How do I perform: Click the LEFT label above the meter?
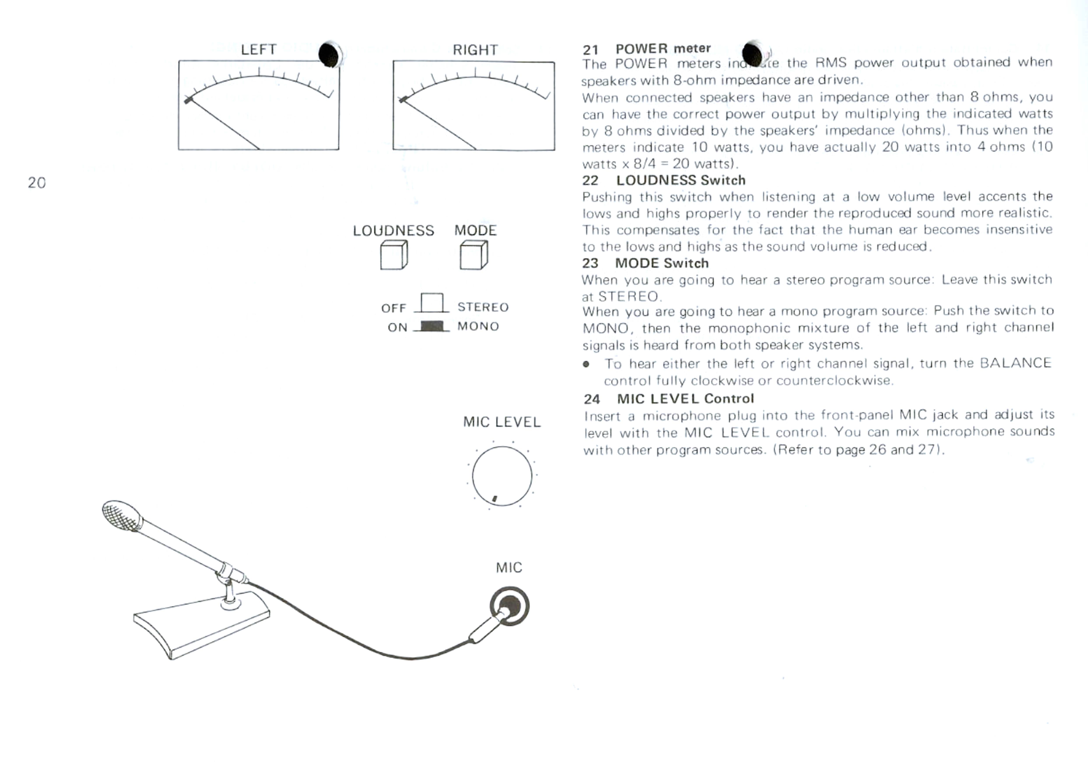258,49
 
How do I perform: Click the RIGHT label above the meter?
475,50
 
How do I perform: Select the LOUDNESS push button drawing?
394,255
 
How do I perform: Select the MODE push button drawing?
474,255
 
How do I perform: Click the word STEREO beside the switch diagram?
483,307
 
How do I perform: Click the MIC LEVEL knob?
502,476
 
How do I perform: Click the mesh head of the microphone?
121,515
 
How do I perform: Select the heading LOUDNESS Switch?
681,180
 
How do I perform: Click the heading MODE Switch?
662,263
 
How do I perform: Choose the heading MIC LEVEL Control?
685,399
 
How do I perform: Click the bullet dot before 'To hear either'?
587,364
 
